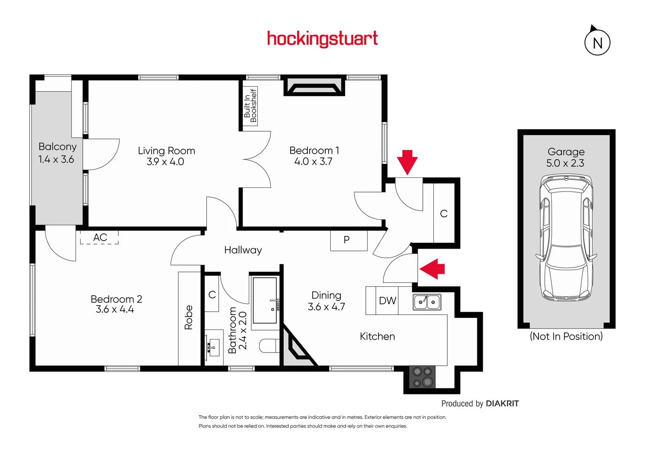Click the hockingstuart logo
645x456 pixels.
322,39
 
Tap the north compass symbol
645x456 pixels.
597,42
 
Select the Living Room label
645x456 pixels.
166,151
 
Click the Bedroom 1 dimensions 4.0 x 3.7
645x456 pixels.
313,162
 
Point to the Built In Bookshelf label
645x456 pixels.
250,106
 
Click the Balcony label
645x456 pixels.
57,147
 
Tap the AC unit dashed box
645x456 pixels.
100,237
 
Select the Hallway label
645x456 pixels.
243,250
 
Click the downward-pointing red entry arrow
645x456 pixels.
407,162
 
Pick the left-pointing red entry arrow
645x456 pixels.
432,269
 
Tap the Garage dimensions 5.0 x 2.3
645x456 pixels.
565,163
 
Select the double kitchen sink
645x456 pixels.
427,302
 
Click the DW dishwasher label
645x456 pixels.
387,301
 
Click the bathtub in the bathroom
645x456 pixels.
265,300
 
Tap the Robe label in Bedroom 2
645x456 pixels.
188,317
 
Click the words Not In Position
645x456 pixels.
566,337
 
